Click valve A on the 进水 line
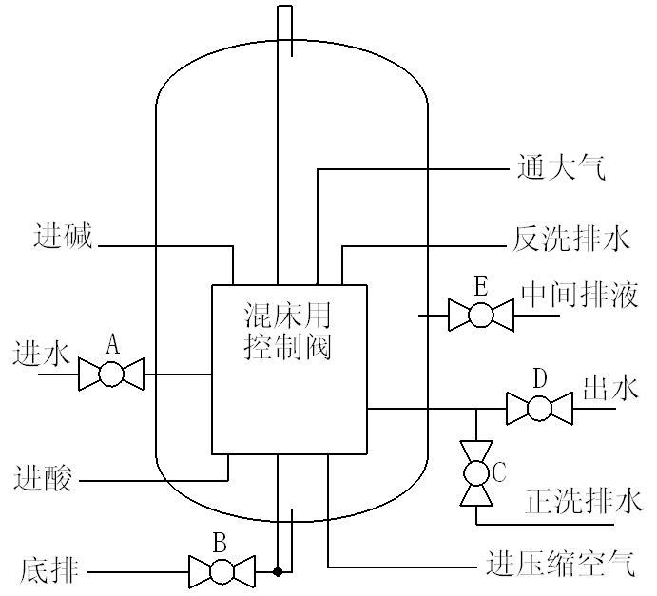click(110, 374)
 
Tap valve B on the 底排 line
click(222, 571)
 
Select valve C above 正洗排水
click(473, 472)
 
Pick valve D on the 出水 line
click(539, 409)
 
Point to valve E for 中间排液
click(481, 314)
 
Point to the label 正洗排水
click(584, 501)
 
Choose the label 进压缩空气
click(559, 564)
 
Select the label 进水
click(41, 354)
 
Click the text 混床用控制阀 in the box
click(289, 329)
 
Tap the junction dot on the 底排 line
click(278, 571)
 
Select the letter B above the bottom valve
click(220, 544)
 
